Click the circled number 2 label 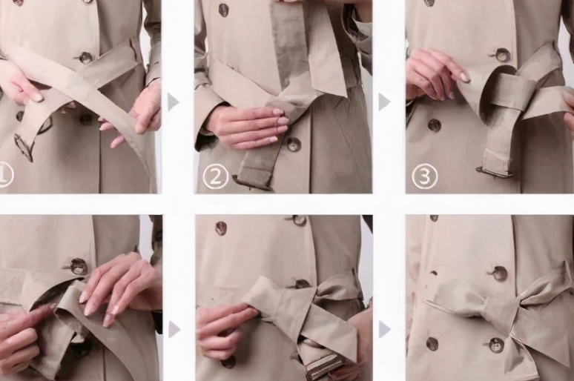215,176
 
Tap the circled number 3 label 424,176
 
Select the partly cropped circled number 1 5,176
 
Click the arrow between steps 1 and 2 173,102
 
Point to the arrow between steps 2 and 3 383,102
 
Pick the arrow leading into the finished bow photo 383,329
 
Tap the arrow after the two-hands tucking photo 174,329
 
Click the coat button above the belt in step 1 86,58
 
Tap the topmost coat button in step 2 224,10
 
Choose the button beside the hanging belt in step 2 293,145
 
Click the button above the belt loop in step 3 502,55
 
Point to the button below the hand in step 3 435,125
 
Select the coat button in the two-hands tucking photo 79,266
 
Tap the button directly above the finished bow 499,273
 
